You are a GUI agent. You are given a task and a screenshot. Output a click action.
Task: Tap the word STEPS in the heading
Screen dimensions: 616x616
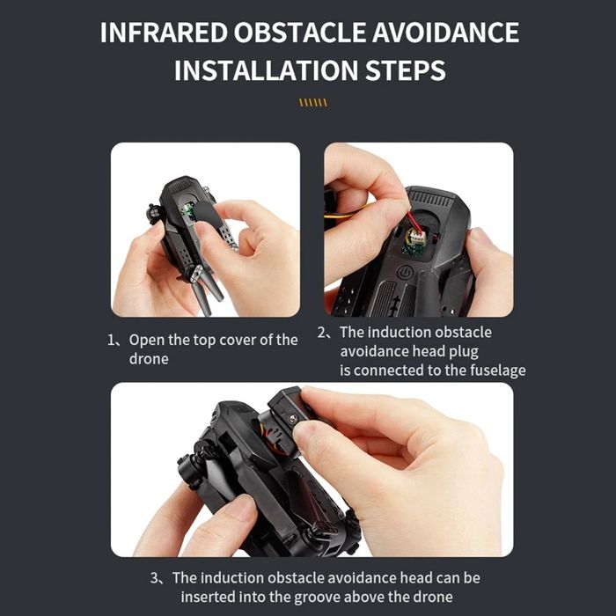(401, 70)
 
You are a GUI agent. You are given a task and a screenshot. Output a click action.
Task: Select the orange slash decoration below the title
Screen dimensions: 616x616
(312, 103)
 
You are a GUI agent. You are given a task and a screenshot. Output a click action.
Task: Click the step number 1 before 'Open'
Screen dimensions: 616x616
(112, 340)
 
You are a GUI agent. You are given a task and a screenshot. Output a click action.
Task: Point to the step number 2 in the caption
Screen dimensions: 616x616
(322, 333)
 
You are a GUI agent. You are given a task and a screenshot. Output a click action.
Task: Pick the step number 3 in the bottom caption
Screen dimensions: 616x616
(156, 578)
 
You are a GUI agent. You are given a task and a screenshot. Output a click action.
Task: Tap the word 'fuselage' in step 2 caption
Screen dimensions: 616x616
(491, 370)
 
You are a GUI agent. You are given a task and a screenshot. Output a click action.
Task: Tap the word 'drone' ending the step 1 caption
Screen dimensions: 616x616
(149, 359)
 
